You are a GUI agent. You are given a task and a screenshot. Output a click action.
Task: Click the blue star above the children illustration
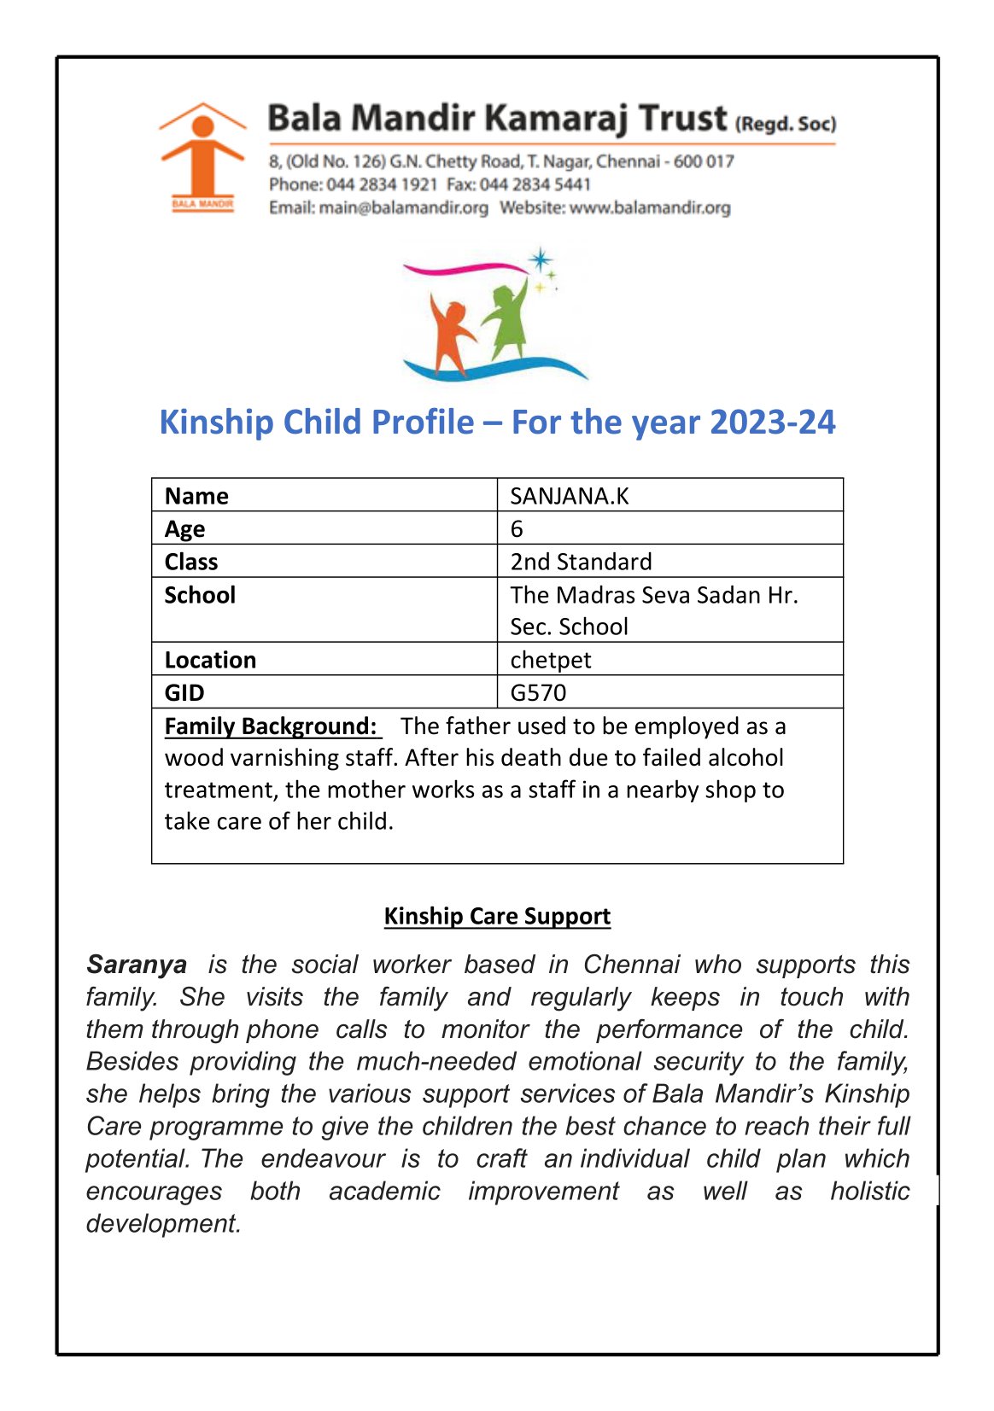(540, 260)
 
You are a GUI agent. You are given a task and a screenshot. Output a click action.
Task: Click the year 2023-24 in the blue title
(772, 423)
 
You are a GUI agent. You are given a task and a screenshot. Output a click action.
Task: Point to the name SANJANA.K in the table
(569, 496)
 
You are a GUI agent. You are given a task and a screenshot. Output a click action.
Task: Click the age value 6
(517, 529)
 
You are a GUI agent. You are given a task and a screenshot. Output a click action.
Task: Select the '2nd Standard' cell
(581, 562)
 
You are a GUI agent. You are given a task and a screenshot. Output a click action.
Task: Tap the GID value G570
(538, 692)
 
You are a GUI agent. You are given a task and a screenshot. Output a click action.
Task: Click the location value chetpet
(550, 660)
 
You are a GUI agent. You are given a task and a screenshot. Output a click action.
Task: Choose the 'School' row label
(200, 595)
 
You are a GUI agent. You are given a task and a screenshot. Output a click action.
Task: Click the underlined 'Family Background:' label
(271, 726)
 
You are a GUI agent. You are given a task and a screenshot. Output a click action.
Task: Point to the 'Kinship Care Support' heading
(497, 916)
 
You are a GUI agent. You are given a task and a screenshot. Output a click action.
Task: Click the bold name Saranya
(137, 965)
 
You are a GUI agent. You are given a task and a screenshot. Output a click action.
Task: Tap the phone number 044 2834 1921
(382, 184)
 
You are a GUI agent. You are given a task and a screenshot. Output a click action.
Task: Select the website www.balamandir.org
(650, 207)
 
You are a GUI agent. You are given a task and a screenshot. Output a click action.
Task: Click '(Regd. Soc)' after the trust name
(785, 124)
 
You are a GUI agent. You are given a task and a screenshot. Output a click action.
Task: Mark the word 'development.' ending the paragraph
(163, 1223)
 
